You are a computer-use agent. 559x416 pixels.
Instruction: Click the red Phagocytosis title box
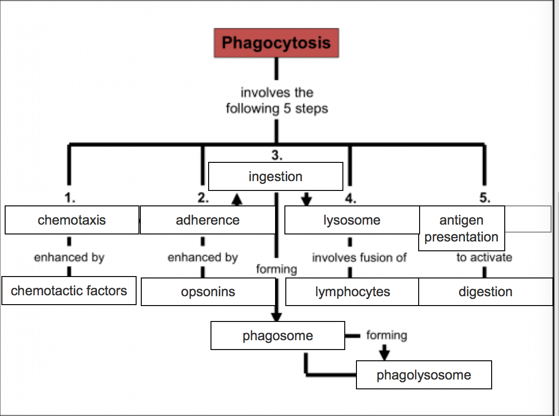(x=276, y=43)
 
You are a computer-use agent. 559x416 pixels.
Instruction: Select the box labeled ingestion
(x=276, y=176)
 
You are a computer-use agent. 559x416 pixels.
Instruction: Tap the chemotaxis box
(x=72, y=220)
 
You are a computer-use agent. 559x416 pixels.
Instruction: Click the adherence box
(x=208, y=220)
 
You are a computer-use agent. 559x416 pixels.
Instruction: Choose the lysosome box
(x=352, y=220)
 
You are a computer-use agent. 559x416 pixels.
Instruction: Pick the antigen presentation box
(x=461, y=228)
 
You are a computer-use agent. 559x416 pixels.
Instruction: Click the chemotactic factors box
(x=69, y=291)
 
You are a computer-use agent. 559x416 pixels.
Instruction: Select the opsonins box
(x=208, y=292)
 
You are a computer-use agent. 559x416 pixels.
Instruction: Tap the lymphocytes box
(x=352, y=292)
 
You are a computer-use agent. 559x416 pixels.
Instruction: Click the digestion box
(x=486, y=292)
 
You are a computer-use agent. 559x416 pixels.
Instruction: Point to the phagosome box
(x=278, y=336)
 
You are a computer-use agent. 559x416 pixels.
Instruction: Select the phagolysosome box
(x=424, y=375)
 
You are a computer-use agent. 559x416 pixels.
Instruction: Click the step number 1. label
(x=69, y=198)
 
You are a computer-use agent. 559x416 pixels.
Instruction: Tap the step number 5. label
(x=485, y=198)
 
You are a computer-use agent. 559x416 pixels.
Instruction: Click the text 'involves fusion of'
(x=359, y=257)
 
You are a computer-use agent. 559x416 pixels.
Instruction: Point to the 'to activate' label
(x=484, y=257)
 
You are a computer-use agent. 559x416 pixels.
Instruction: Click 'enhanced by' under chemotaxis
(x=69, y=257)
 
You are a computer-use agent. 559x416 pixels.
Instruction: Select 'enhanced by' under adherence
(x=203, y=257)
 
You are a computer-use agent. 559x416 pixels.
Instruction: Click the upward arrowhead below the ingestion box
(x=237, y=200)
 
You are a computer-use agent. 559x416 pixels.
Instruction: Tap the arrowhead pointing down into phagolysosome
(x=385, y=354)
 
